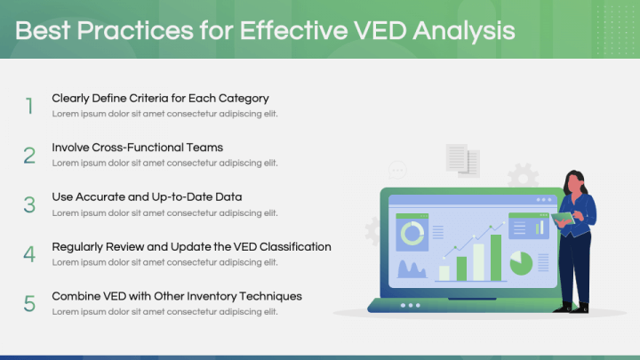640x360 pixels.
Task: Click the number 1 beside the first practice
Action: click(x=29, y=107)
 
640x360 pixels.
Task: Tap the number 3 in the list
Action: click(x=29, y=204)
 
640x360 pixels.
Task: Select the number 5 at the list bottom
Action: click(x=29, y=303)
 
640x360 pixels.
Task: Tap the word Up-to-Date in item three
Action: click(x=184, y=196)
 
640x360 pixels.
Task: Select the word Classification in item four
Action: click(x=291, y=246)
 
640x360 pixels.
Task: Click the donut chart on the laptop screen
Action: click(x=412, y=234)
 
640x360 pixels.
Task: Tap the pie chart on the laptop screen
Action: click(x=521, y=262)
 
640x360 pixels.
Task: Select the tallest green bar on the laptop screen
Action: click(x=496, y=257)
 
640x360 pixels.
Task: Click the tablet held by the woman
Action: click(x=562, y=218)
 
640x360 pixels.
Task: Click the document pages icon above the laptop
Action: click(x=462, y=160)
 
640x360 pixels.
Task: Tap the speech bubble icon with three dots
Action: click(x=397, y=169)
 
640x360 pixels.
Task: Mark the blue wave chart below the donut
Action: click(x=412, y=268)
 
